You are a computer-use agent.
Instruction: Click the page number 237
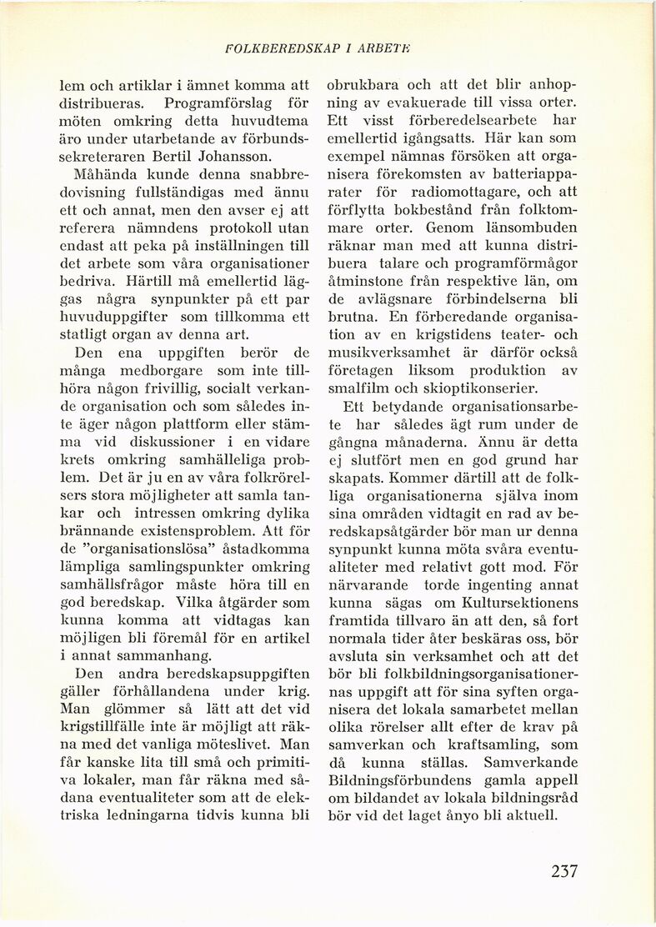click(x=563, y=872)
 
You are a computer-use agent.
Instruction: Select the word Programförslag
click(x=214, y=103)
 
